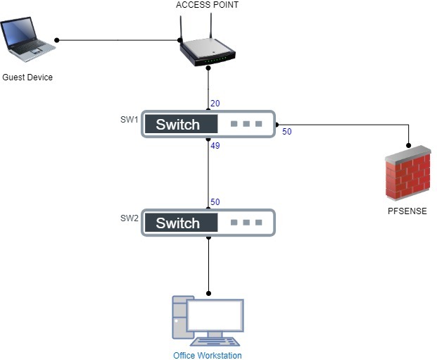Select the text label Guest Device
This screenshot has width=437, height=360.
[x=27, y=77]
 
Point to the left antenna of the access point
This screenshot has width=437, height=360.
[x=181, y=27]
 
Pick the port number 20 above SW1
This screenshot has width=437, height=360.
[x=215, y=104]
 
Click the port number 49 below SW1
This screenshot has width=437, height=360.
[x=215, y=146]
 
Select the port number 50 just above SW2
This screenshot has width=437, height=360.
[x=215, y=202]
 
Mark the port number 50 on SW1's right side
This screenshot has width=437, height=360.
[x=287, y=131]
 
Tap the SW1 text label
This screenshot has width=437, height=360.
[x=129, y=119]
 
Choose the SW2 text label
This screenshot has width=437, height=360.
[x=129, y=218]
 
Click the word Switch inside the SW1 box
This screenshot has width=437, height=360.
[x=177, y=125]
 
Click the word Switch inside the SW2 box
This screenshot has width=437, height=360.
[x=177, y=223]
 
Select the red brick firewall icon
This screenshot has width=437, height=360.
[x=408, y=173]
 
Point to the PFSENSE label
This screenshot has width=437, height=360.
[x=407, y=211]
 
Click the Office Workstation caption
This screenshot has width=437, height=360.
[x=207, y=355]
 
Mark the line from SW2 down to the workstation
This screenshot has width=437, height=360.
[x=208, y=264]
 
